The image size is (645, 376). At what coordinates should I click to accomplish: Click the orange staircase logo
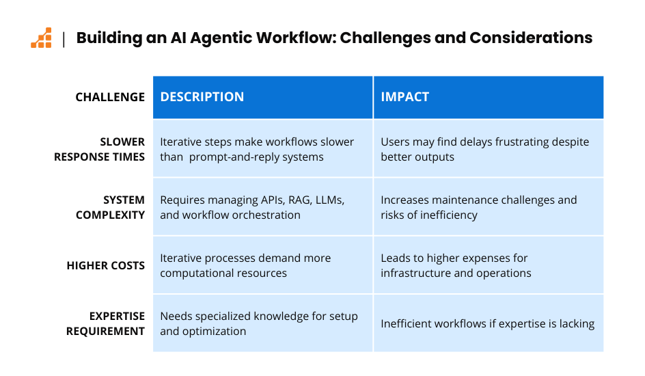pos(41,38)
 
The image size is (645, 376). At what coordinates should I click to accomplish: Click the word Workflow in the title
pos(296,38)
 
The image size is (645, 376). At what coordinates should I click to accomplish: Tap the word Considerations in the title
pos(531,38)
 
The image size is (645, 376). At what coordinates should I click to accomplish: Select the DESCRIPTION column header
pos(202,96)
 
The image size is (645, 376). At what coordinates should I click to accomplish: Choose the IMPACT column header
pos(404,96)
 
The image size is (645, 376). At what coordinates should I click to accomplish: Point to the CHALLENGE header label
pos(110,97)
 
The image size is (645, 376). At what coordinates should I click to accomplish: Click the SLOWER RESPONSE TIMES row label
pos(99,149)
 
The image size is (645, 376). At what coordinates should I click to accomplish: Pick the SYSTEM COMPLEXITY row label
pos(110,207)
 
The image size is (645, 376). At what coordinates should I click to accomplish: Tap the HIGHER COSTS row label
pos(106,266)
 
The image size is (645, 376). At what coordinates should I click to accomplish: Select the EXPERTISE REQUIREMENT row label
pos(105,324)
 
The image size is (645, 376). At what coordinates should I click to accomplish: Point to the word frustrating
pos(524,142)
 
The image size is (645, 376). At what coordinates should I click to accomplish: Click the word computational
pos(194,273)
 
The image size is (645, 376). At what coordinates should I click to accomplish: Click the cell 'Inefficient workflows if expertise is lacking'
pos(487,324)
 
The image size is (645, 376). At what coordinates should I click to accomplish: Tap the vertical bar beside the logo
pos(64,40)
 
